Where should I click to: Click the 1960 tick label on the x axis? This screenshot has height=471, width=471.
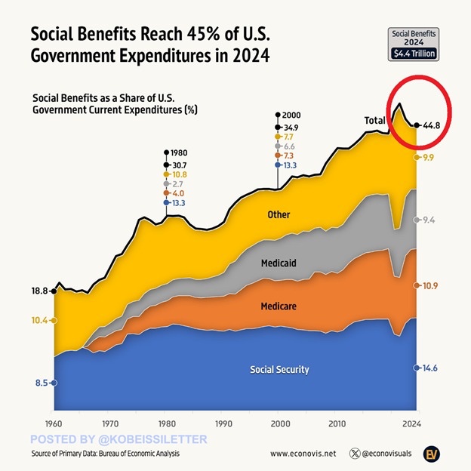(x=53, y=423)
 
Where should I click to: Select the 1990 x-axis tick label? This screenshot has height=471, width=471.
(x=223, y=423)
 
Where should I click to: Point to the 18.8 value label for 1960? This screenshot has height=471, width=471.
(x=39, y=291)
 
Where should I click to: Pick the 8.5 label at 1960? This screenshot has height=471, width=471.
(x=42, y=383)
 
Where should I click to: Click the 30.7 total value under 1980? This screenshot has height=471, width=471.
(x=178, y=164)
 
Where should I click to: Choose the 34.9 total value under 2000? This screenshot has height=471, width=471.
(x=291, y=128)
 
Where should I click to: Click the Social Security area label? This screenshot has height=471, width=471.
(x=279, y=370)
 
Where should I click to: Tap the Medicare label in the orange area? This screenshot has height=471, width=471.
(x=279, y=306)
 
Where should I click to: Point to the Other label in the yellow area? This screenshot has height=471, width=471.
(x=279, y=215)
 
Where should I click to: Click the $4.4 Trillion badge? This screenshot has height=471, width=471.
(x=412, y=54)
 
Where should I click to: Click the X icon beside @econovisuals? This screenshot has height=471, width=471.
(x=356, y=454)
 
